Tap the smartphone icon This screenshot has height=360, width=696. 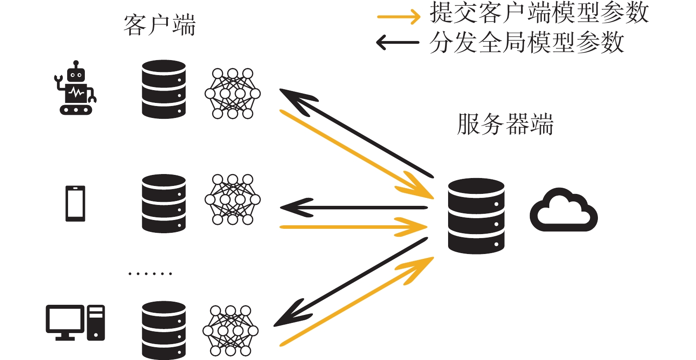click(x=75, y=204)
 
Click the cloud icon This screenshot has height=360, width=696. click(x=563, y=210)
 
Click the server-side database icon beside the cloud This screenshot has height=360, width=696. click(x=476, y=216)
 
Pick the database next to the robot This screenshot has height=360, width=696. click(x=164, y=89)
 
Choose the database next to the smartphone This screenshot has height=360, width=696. click(x=164, y=204)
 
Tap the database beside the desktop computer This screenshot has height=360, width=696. click(x=164, y=330)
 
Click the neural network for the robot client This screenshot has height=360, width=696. click(x=232, y=94)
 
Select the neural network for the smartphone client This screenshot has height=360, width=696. click(x=232, y=199)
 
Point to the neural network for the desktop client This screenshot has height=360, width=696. click(x=230, y=331)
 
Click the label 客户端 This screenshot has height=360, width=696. click(x=160, y=25)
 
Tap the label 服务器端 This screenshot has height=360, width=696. click(x=505, y=124)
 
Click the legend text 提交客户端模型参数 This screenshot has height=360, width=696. click(x=539, y=12)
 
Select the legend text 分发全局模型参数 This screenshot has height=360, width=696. click(x=527, y=42)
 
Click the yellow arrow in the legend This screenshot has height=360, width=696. click(x=399, y=17)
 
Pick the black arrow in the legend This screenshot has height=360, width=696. click(x=398, y=42)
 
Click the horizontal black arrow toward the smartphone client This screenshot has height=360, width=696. click(x=354, y=208)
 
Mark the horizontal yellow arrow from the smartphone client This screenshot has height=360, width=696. click(x=354, y=227)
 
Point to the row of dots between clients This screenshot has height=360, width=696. click(x=150, y=274)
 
